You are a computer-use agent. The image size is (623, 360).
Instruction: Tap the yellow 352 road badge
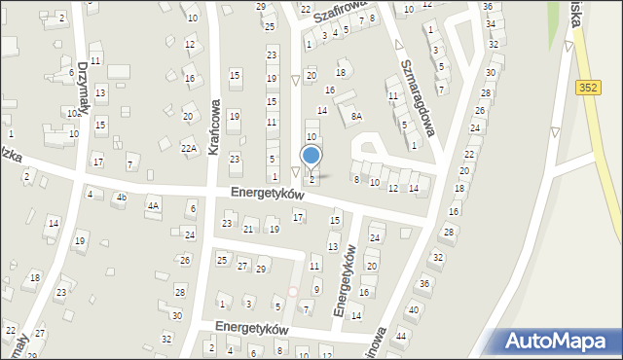tap(585, 87)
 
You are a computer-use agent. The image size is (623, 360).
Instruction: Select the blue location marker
tap(311, 155)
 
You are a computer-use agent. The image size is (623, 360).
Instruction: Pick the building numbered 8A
tap(356, 117)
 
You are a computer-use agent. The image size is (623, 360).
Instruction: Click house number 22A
tap(189, 148)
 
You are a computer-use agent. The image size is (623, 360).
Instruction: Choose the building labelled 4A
tap(152, 205)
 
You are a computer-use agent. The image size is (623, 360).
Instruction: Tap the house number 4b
tap(122, 198)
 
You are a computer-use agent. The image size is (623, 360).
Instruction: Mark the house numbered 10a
tap(72, 114)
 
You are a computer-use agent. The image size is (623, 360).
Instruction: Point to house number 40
tap(413, 309)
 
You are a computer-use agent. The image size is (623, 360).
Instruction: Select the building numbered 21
tap(248, 229)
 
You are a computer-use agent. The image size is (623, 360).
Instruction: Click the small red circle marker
tap(292, 290)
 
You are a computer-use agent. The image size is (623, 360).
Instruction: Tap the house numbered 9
tap(316, 289)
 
